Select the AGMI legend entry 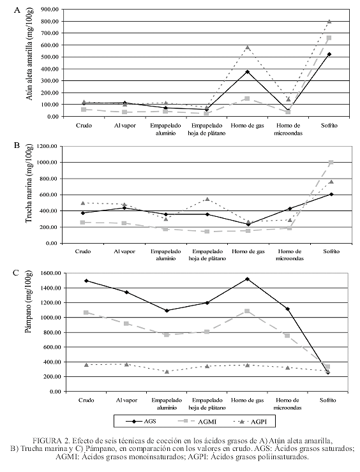click(x=198, y=422)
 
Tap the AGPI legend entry click(x=250, y=422)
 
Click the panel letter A click(x=17, y=10)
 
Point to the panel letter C click(x=16, y=273)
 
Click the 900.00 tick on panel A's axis click(x=50, y=10)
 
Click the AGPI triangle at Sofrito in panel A click(x=329, y=22)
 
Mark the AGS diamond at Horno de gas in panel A click(x=248, y=71)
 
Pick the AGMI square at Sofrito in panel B click(x=331, y=163)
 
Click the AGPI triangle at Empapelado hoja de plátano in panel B click(x=207, y=199)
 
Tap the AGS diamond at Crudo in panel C click(x=86, y=281)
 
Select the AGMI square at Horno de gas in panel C click(x=247, y=311)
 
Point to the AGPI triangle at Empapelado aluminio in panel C click(x=167, y=372)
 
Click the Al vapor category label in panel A click(x=124, y=126)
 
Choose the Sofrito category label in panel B click(x=331, y=251)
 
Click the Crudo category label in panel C click(x=86, y=400)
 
